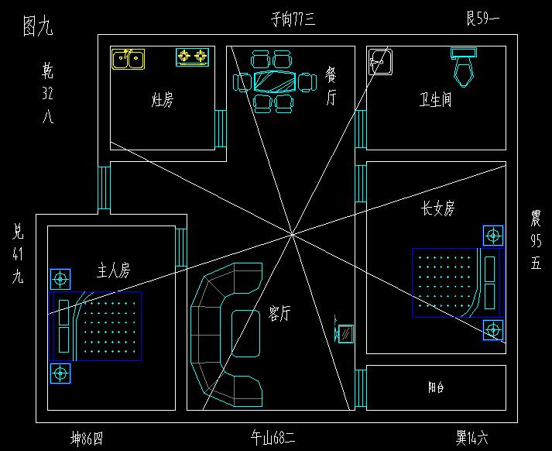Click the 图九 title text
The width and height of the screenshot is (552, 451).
coord(38,27)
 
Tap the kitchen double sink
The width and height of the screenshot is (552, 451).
coord(128,59)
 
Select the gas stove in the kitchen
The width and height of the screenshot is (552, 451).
coord(193,57)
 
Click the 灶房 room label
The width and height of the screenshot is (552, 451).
coord(162,100)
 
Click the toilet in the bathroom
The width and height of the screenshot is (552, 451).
coord(464,66)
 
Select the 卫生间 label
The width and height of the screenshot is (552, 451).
coord(435,100)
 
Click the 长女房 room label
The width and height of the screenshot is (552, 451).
coord(437,208)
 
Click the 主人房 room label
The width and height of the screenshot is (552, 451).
coord(113,270)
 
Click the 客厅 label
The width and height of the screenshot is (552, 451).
coord(279,312)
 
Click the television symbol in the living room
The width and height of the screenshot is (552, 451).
coord(345,332)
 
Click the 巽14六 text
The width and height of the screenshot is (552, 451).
coord(471,439)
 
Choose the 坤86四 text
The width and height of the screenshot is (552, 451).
coord(86,439)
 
